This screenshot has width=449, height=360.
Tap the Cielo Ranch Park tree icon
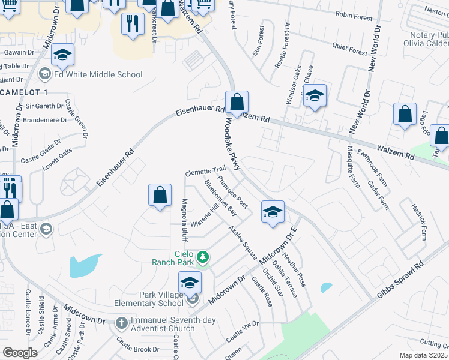pyautogui.click(x=203, y=257)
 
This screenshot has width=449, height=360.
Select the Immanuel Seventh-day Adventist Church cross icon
pyautogui.click(x=121, y=322)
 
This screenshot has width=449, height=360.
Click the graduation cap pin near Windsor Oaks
pyautogui.click(x=315, y=96)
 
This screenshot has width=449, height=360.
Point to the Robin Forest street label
pyautogui.click(x=354, y=15)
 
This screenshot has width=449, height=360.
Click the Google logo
pyautogui.click(x=20, y=353)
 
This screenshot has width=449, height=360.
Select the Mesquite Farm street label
pyautogui.click(x=353, y=167)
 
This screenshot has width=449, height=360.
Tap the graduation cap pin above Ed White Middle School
pyautogui.click(x=62, y=55)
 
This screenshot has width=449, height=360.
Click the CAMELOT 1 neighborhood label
pyautogui.click(x=24, y=91)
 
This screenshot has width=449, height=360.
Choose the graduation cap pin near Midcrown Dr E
pyautogui.click(x=273, y=212)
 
